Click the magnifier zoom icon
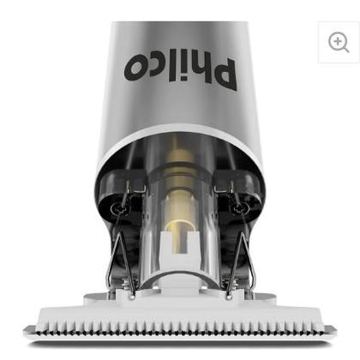pos(339,42)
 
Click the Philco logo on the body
pos(181,70)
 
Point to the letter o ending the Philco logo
pos(135,68)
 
